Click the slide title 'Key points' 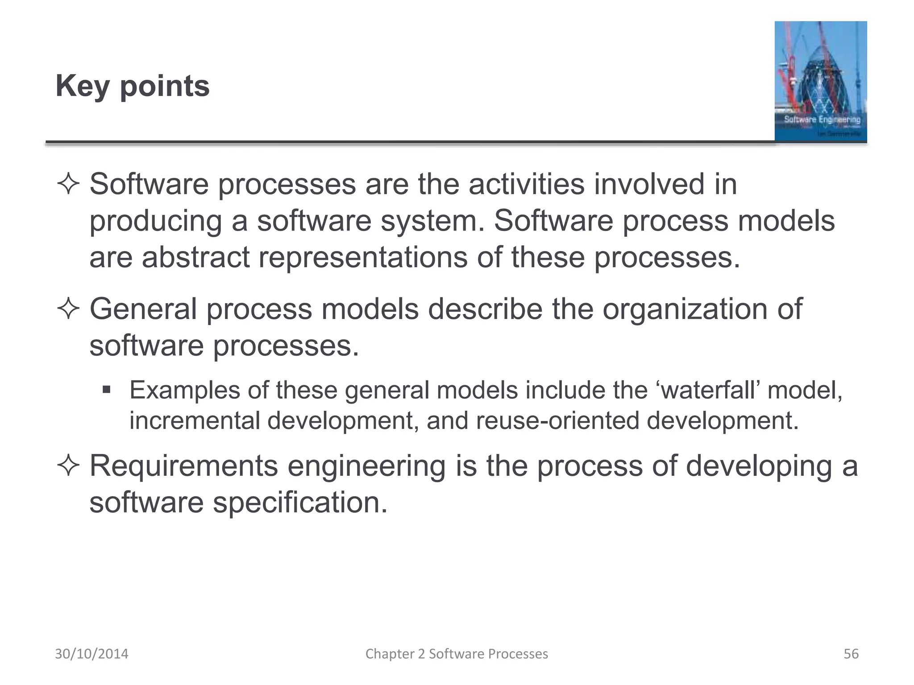click(132, 86)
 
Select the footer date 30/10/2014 click(91, 654)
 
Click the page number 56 click(851, 654)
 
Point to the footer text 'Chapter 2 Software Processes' click(457, 654)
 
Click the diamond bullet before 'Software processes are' click(68, 185)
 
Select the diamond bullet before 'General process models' click(68, 309)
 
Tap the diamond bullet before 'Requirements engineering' click(68, 466)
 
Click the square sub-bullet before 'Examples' click(106, 390)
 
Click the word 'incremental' click(195, 421)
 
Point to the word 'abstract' click(195, 257)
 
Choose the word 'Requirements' click(183, 466)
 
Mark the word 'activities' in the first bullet click(526, 184)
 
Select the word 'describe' click(485, 309)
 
